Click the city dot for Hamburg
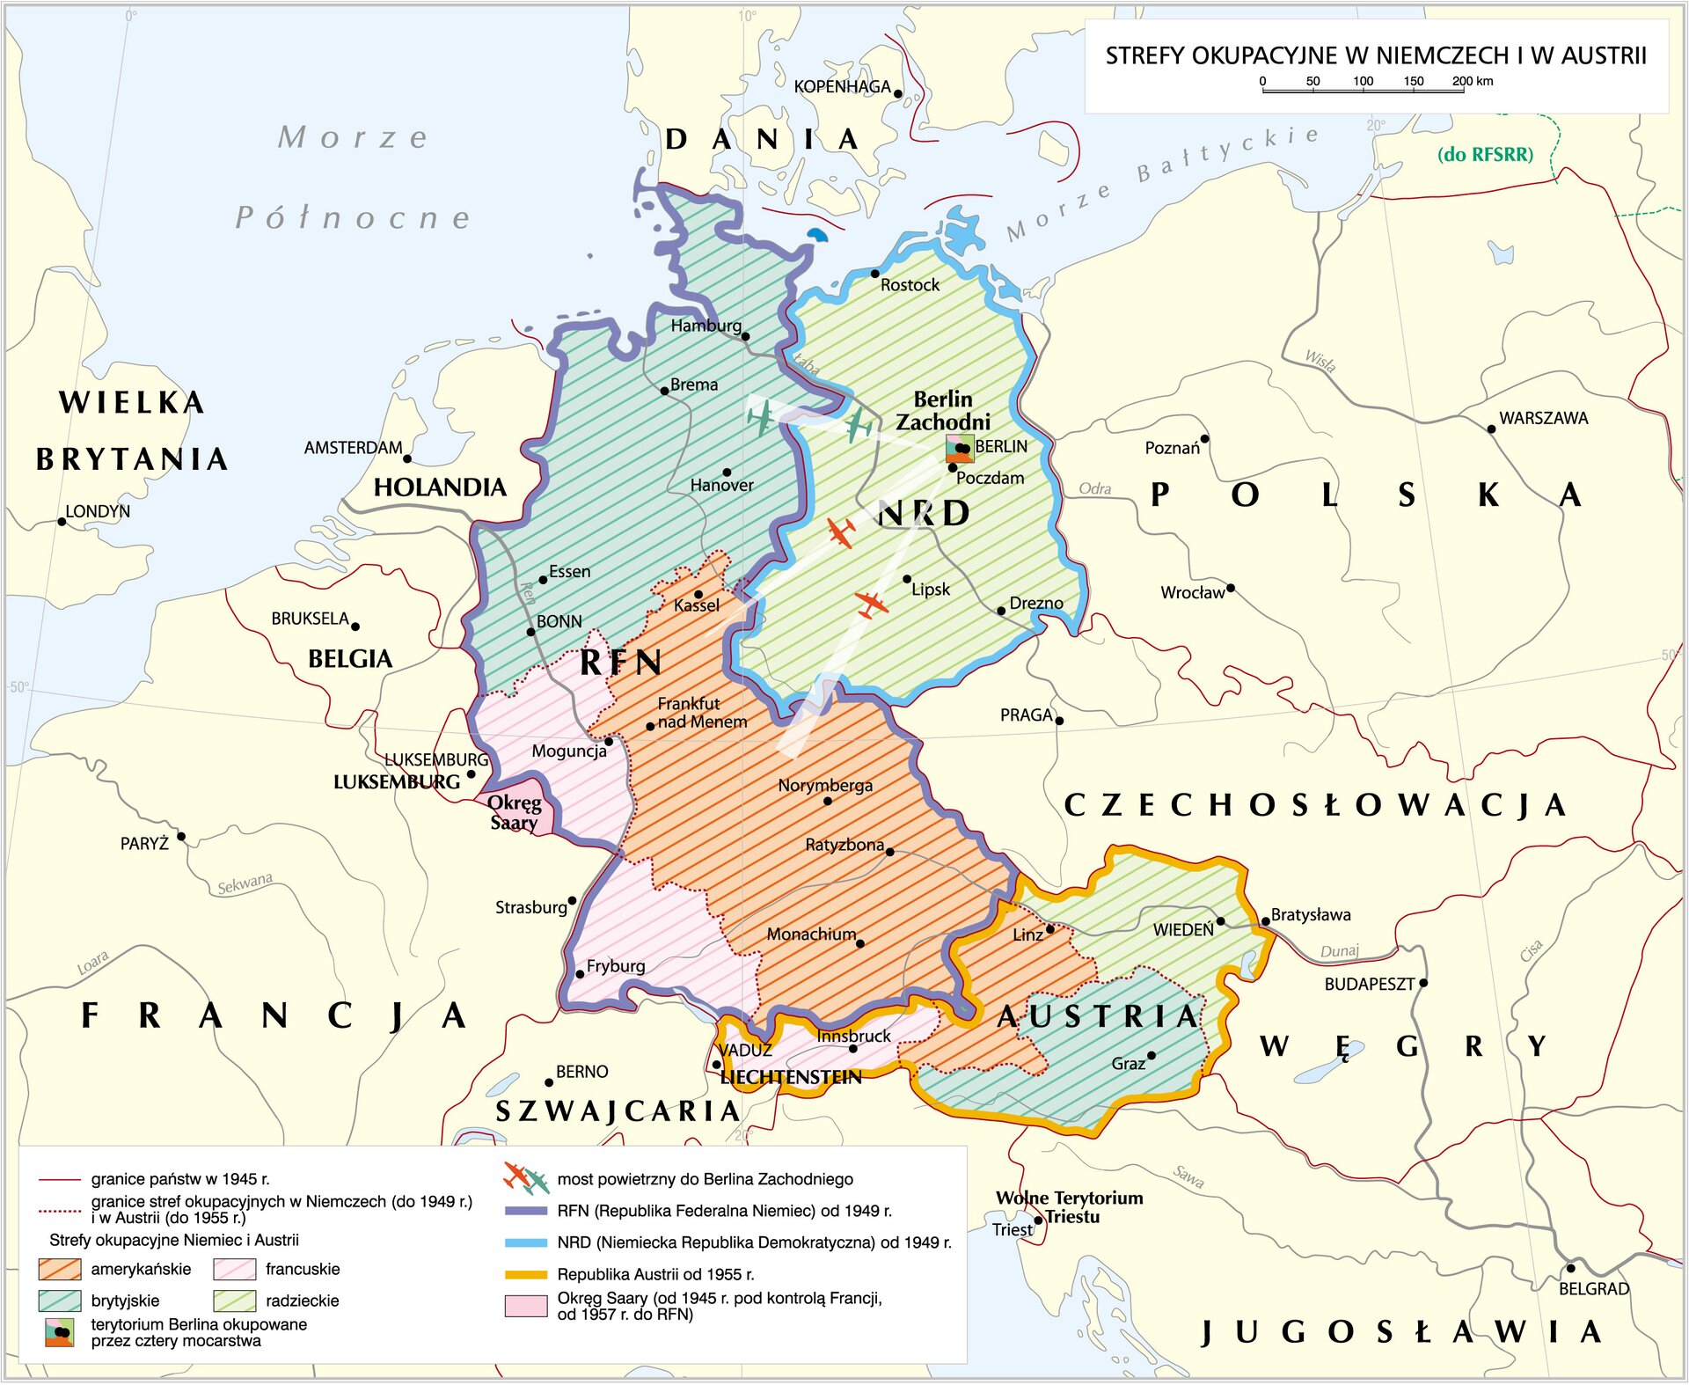[745, 336]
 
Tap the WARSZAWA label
[1543, 419]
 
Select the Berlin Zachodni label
[943, 411]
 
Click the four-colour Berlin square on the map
[959, 448]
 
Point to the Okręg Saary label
[515, 813]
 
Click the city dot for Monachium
[859, 943]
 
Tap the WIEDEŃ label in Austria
[1183, 930]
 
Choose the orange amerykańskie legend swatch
[60, 1270]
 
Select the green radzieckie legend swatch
[234, 1301]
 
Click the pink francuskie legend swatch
[234, 1270]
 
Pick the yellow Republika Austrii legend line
[526, 1275]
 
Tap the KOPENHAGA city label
[842, 87]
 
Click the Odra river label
[1095, 489]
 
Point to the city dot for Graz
[1151, 1056]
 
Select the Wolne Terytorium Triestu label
[1070, 1207]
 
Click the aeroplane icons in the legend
[526, 1177]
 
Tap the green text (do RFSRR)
[1485, 155]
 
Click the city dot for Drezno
[1001, 611]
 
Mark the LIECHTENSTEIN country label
[790, 1078]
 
